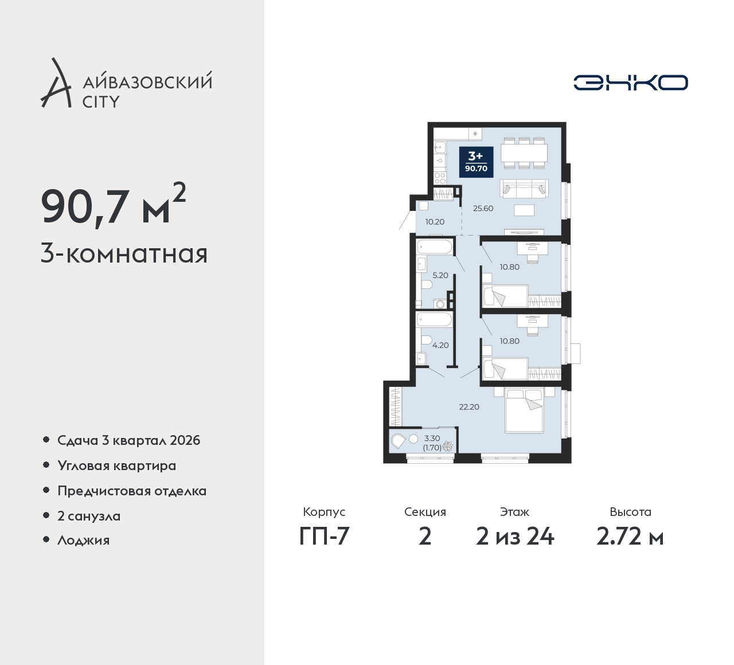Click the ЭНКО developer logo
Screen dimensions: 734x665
[x=630, y=83]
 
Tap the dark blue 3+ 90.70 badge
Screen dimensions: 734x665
[x=476, y=162]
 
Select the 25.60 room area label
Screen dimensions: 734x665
[x=483, y=209]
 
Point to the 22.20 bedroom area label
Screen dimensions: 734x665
[x=469, y=407]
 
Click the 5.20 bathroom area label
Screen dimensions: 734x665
[x=440, y=275]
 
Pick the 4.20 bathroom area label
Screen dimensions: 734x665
[x=440, y=345]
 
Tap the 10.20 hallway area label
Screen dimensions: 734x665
[x=435, y=222]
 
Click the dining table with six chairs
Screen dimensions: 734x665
[x=524, y=153]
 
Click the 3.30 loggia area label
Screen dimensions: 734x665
[x=432, y=438]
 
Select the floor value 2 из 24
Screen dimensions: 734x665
[x=515, y=537]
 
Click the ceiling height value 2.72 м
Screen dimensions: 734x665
[x=630, y=537]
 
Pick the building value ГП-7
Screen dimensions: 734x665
[x=324, y=537]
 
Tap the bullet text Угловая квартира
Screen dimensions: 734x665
[x=117, y=466]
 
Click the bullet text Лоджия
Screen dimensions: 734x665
[x=83, y=540]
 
